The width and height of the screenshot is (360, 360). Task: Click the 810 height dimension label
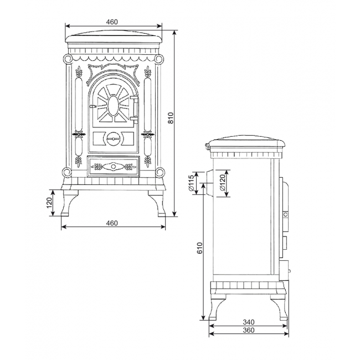coord(171,118)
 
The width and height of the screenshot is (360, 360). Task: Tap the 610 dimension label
coord(200,248)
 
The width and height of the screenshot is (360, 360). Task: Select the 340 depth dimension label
coord(249,322)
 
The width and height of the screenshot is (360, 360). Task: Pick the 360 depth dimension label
coord(249,330)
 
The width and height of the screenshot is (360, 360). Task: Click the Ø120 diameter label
coord(222,183)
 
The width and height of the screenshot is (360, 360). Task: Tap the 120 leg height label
coord(50,203)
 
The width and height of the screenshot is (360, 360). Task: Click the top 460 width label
coord(112,22)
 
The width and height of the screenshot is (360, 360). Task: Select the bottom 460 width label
coord(112,223)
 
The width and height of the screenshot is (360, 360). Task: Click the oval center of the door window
coord(114,105)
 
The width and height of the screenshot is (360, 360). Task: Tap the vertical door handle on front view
coord(135,108)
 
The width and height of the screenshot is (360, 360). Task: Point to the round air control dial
coord(114,139)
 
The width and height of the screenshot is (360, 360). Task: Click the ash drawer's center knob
coord(114,166)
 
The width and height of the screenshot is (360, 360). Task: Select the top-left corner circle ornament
coord(68,59)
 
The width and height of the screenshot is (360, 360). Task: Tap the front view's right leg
coord(157,203)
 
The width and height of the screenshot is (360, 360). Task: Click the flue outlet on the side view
coord(209,183)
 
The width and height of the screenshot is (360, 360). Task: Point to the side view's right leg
coord(279,307)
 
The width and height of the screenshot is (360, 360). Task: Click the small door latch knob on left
coord(92,106)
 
